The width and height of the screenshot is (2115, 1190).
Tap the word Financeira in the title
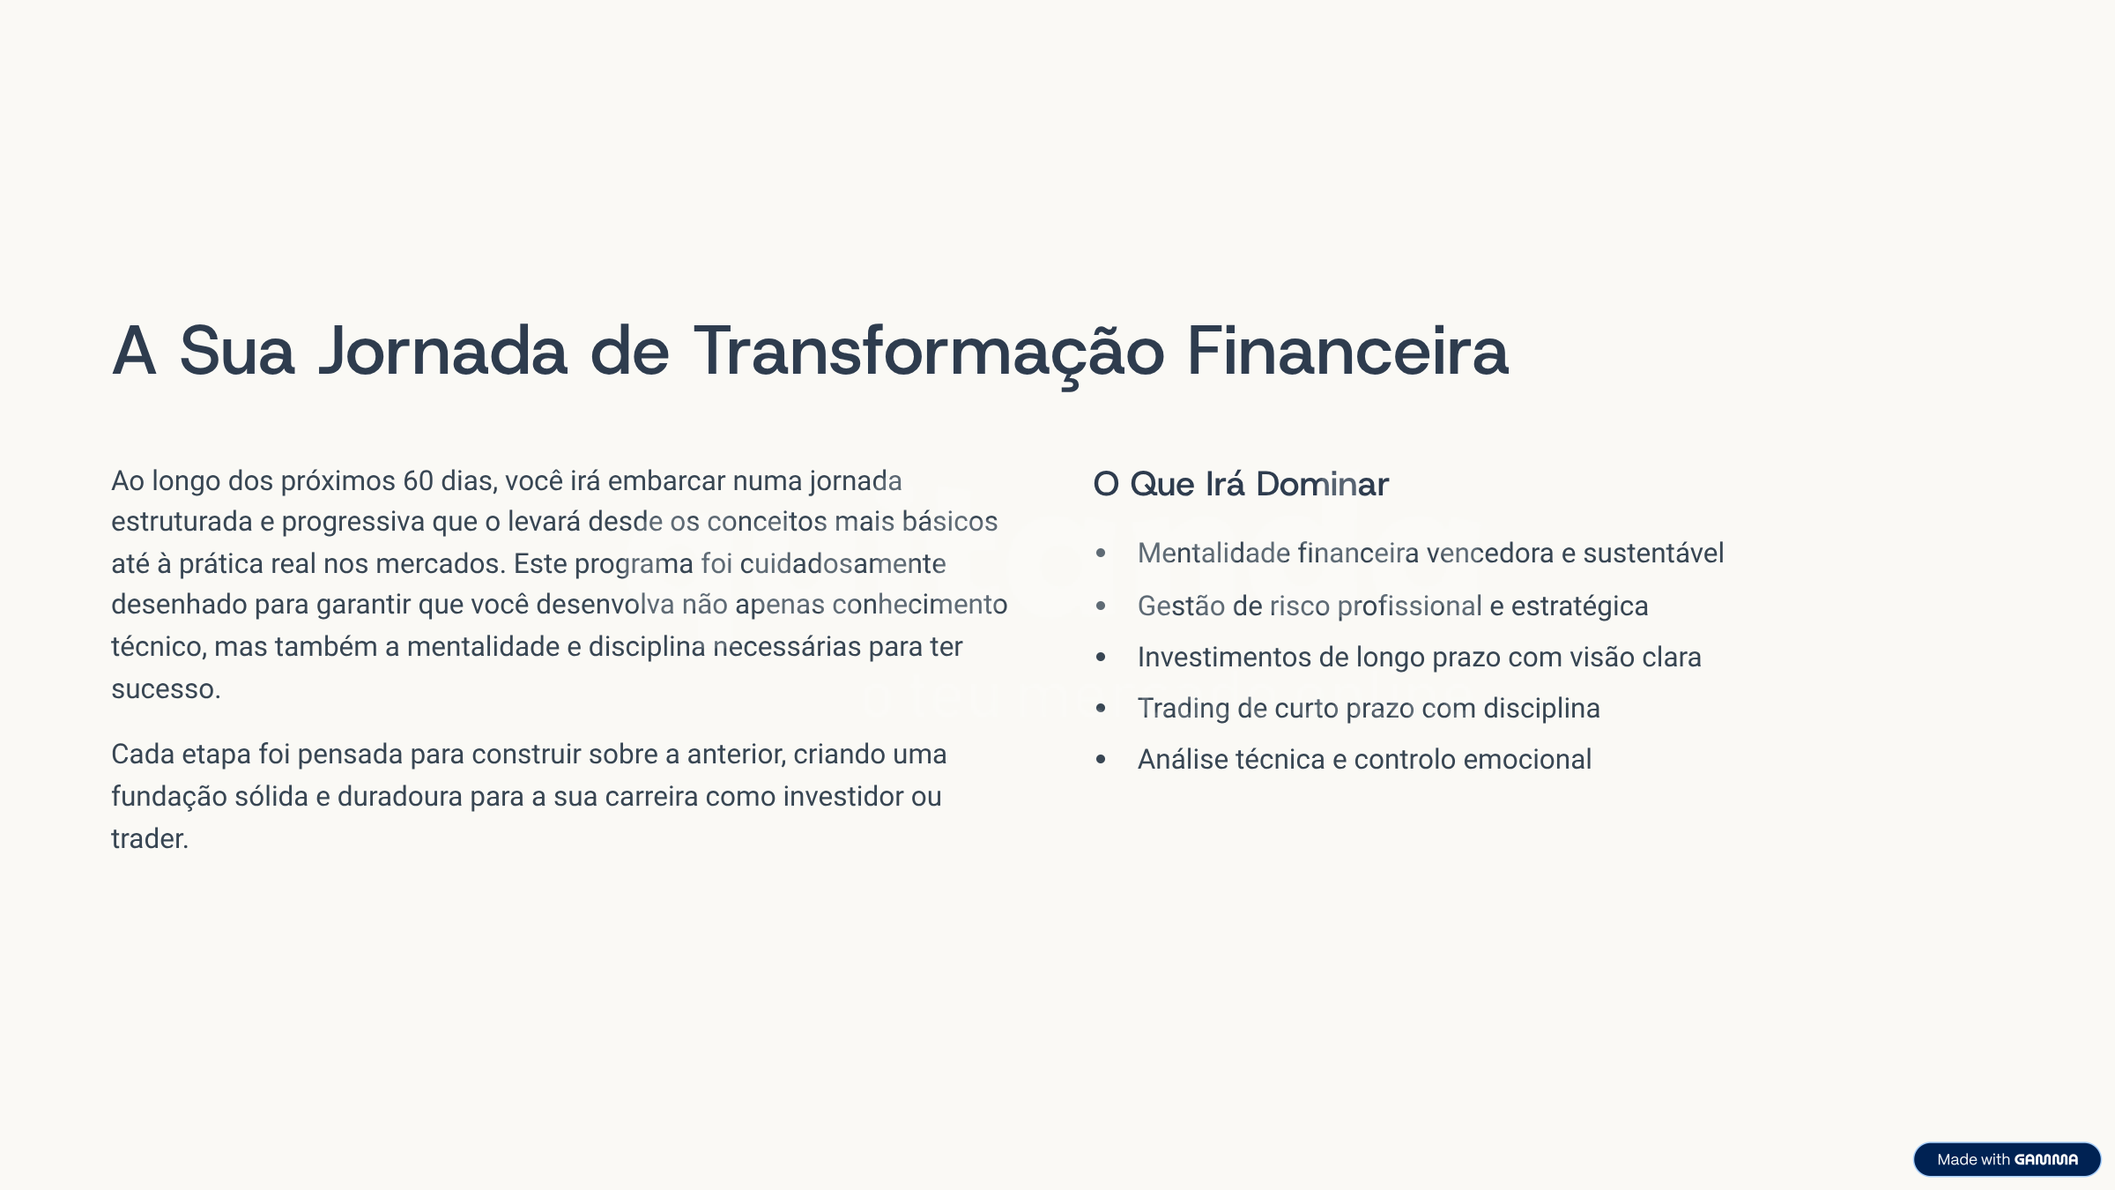tap(1347, 351)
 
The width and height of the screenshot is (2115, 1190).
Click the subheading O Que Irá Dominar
tap(1241, 484)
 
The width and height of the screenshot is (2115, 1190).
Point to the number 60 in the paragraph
tap(418, 481)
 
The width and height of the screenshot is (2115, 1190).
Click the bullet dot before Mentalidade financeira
tap(1101, 554)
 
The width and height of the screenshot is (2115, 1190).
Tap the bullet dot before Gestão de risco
tap(1101, 606)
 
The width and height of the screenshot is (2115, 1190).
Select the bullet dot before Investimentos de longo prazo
tap(1101, 658)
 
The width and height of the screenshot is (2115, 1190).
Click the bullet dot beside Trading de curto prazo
tap(1101, 709)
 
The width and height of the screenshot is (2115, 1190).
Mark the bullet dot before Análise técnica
tap(1101, 760)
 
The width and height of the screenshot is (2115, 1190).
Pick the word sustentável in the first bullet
tap(1653, 554)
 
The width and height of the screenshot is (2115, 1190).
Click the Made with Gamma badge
tap(2007, 1159)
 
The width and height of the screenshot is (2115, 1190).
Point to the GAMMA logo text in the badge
tap(2046, 1160)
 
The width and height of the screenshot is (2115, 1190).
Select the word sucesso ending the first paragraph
tap(166, 689)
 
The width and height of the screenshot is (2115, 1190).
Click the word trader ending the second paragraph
tap(150, 839)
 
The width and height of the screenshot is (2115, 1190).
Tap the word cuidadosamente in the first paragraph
tap(842, 564)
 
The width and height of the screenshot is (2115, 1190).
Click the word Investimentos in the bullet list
tap(1224, 658)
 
